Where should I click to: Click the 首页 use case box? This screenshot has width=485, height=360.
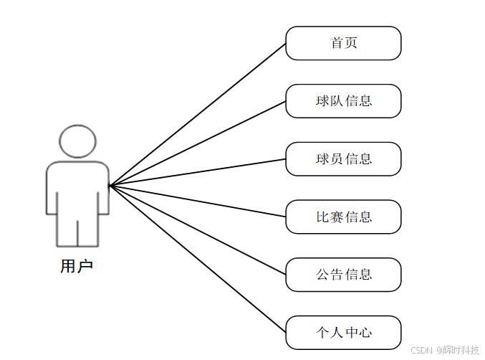click(x=343, y=43)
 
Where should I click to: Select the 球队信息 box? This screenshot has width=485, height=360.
click(x=343, y=101)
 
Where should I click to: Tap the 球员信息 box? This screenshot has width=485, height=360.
click(x=343, y=159)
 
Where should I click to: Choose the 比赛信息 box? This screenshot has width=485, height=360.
click(x=343, y=217)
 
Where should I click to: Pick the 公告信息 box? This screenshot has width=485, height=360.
click(x=343, y=275)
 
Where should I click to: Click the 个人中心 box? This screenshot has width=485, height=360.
click(x=343, y=333)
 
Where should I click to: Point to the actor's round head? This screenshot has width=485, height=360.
click(x=77, y=141)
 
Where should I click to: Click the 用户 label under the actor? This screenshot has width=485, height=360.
click(x=77, y=267)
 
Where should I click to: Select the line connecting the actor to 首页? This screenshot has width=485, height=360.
click(x=197, y=115)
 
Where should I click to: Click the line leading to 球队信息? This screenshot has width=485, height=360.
click(x=197, y=143)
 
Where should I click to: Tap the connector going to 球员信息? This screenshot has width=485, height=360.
click(x=197, y=172)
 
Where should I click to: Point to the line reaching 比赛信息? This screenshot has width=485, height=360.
click(x=197, y=201)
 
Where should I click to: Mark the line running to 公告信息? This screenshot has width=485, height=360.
click(x=197, y=229)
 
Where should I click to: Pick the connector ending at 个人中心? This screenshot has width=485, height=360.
click(x=197, y=258)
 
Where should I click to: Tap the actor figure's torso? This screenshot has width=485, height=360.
click(x=77, y=186)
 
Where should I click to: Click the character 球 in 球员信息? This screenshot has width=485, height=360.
click(x=322, y=159)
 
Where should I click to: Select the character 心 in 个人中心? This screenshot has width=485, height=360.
click(x=365, y=333)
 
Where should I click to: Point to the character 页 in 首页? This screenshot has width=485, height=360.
click(x=351, y=43)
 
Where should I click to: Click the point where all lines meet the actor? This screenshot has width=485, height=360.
click(x=110, y=186)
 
